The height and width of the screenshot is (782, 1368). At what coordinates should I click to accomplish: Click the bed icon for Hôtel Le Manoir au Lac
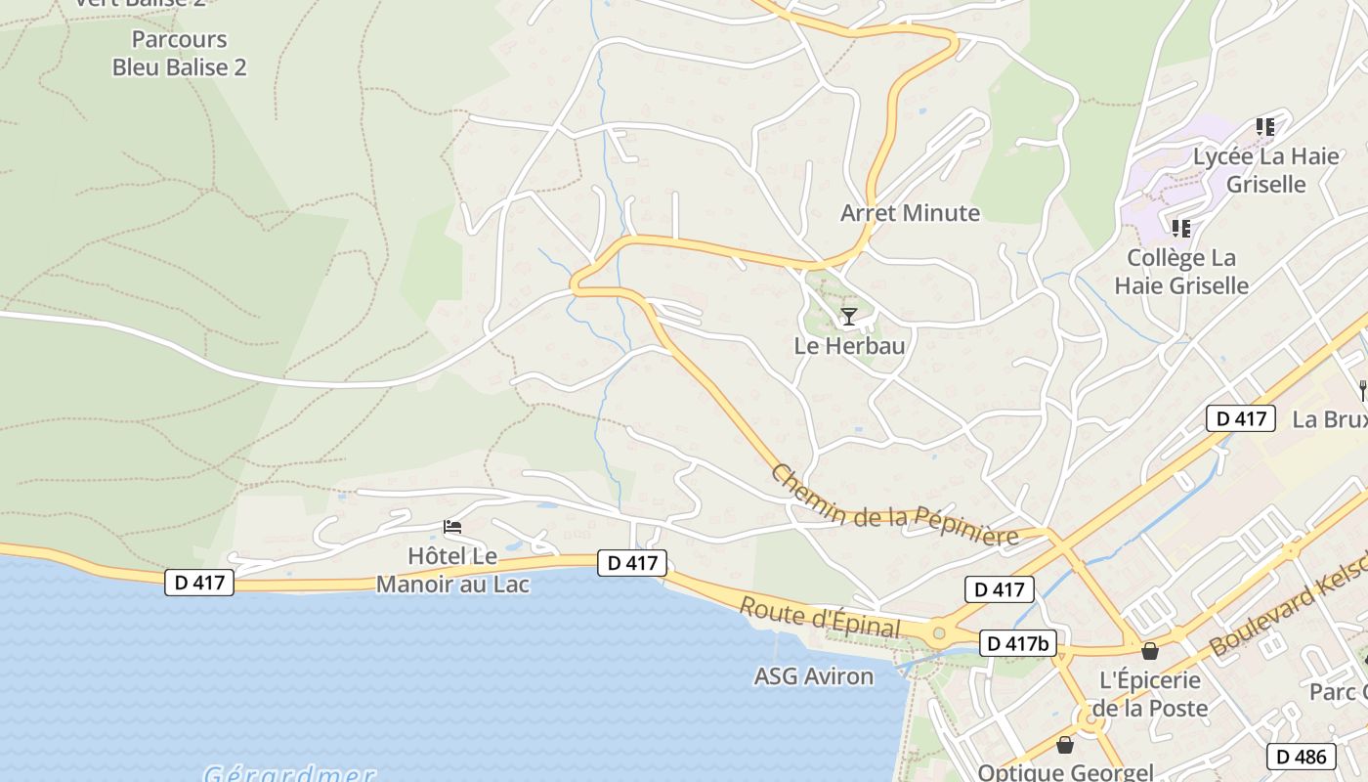(x=452, y=527)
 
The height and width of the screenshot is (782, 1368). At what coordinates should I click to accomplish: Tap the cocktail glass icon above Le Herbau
(x=849, y=316)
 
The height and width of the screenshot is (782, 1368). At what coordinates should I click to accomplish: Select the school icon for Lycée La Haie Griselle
(x=1265, y=127)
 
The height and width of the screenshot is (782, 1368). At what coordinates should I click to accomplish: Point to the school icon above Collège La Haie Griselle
(x=1181, y=229)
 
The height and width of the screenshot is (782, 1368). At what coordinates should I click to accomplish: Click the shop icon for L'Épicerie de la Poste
(x=1150, y=651)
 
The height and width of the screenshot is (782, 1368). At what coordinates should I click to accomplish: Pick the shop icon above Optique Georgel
(x=1065, y=745)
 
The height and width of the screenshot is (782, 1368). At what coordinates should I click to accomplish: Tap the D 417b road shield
(x=1017, y=643)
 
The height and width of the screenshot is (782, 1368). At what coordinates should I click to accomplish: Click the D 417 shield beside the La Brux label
(x=1241, y=418)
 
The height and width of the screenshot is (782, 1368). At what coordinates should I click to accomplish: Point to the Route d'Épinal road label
(x=819, y=617)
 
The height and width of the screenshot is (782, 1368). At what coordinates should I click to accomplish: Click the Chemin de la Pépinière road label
(x=894, y=507)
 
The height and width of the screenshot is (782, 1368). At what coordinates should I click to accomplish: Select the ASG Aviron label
(x=814, y=675)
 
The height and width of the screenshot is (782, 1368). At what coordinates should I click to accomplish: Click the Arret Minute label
(x=910, y=213)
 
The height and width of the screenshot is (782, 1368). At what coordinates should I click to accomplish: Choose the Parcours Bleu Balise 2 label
(x=180, y=54)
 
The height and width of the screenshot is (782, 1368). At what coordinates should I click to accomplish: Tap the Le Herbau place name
(x=849, y=346)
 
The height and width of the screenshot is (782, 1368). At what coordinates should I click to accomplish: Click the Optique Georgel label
(x=1065, y=771)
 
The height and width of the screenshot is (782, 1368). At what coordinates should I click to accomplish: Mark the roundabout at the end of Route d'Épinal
(x=939, y=633)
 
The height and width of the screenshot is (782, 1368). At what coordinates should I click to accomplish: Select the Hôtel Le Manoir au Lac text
(x=452, y=571)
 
